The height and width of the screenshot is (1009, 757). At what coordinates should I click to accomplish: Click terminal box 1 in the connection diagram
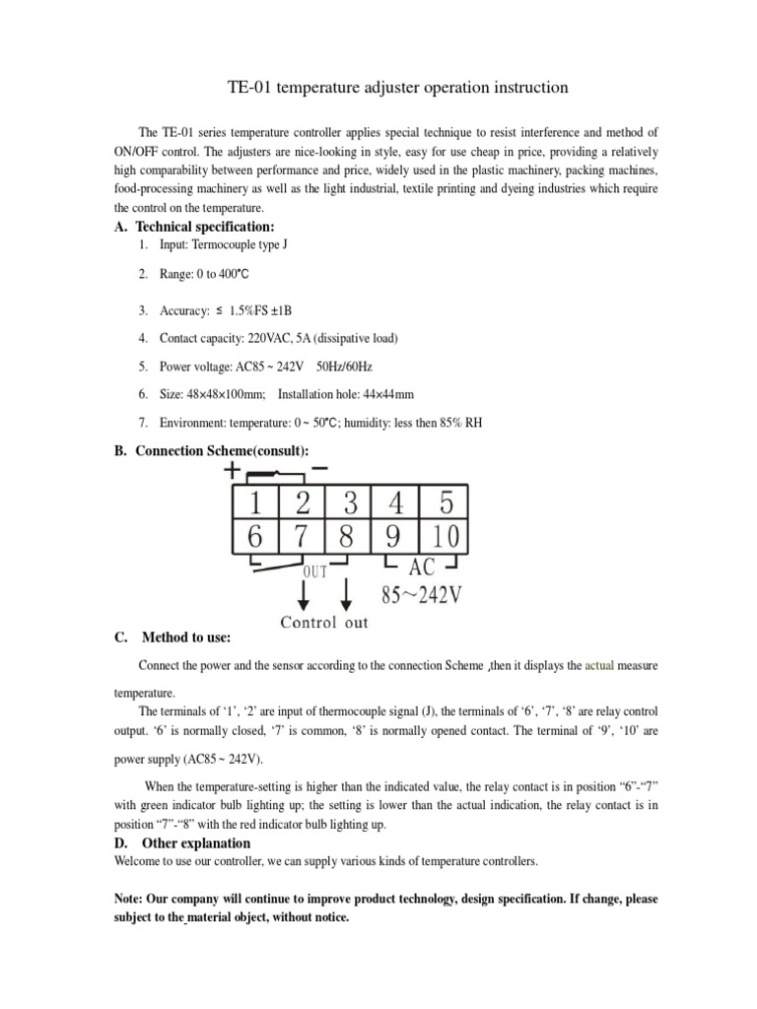tap(255, 504)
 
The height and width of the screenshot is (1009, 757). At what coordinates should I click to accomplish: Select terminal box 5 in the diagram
tap(447, 504)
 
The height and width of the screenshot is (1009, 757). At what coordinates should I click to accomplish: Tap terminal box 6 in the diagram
tap(255, 538)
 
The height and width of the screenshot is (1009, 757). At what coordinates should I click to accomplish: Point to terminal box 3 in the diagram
tap(350, 504)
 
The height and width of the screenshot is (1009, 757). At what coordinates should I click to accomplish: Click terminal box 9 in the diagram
tap(394, 538)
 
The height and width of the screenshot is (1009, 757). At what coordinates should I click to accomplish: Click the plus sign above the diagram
tap(234, 470)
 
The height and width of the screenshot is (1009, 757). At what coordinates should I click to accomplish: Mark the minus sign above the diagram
tap(319, 466)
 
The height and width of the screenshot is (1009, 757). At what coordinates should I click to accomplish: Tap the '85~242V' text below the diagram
tap(419, 596)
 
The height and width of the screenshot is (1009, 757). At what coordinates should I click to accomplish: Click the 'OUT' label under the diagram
tap(315, 569)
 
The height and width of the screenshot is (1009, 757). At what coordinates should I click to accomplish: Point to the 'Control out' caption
tap(324, 622)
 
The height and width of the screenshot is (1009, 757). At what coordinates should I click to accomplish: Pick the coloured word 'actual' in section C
tap(599, 666)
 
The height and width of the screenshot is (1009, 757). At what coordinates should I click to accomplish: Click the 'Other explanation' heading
tap(195, 843)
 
